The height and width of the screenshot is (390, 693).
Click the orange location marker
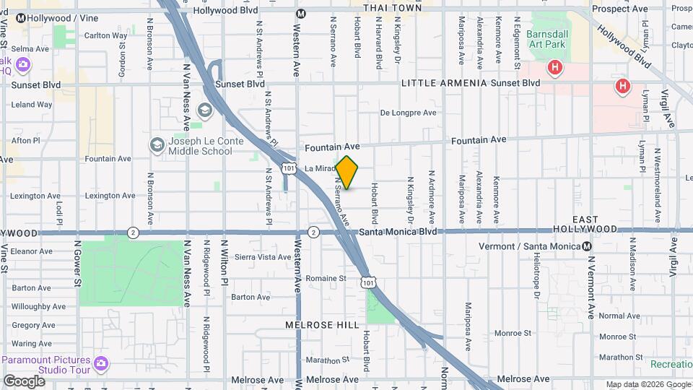[x=346, y=173]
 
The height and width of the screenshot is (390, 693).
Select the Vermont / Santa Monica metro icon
[x=588, y=246]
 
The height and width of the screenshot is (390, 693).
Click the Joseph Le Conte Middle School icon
[x=157, y=146]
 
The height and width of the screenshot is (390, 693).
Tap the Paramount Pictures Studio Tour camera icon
[x=100, y=361]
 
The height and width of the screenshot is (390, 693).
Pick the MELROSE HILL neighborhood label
[x=322, y=325]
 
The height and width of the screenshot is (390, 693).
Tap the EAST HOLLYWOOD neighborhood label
[x=596, y=224]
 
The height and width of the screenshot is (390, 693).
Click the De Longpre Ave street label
[x=409, y=113]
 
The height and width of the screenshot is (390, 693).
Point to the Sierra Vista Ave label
[x=263, y=257]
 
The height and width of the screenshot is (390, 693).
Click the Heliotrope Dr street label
[x=536, y=279]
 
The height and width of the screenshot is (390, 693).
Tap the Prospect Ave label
[x=619, y=9]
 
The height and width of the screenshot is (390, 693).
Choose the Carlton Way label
[x=105, y=35]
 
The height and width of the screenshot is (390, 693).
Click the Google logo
[x=24, y=381]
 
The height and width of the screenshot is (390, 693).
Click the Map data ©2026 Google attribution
[x=648, y=384]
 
